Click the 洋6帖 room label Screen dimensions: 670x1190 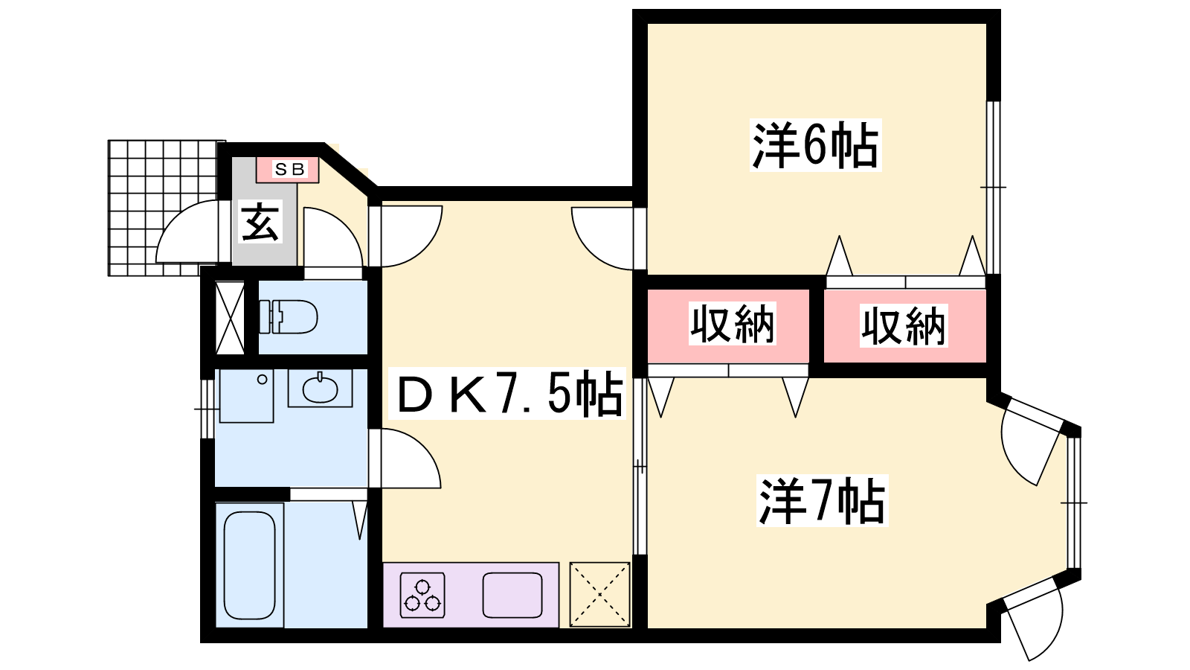815,145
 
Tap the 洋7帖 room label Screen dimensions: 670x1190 821,501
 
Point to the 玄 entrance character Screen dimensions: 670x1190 261,221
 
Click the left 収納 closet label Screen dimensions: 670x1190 733,324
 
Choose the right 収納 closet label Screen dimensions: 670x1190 904,325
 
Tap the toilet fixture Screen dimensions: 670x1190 289,317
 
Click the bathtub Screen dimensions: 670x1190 250,566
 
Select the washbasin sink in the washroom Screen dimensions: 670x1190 321,389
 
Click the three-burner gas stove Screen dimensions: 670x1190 422,595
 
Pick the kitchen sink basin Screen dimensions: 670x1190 512,595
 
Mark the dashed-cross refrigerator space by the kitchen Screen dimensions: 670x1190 599,594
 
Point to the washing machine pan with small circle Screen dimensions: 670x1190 247,396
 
